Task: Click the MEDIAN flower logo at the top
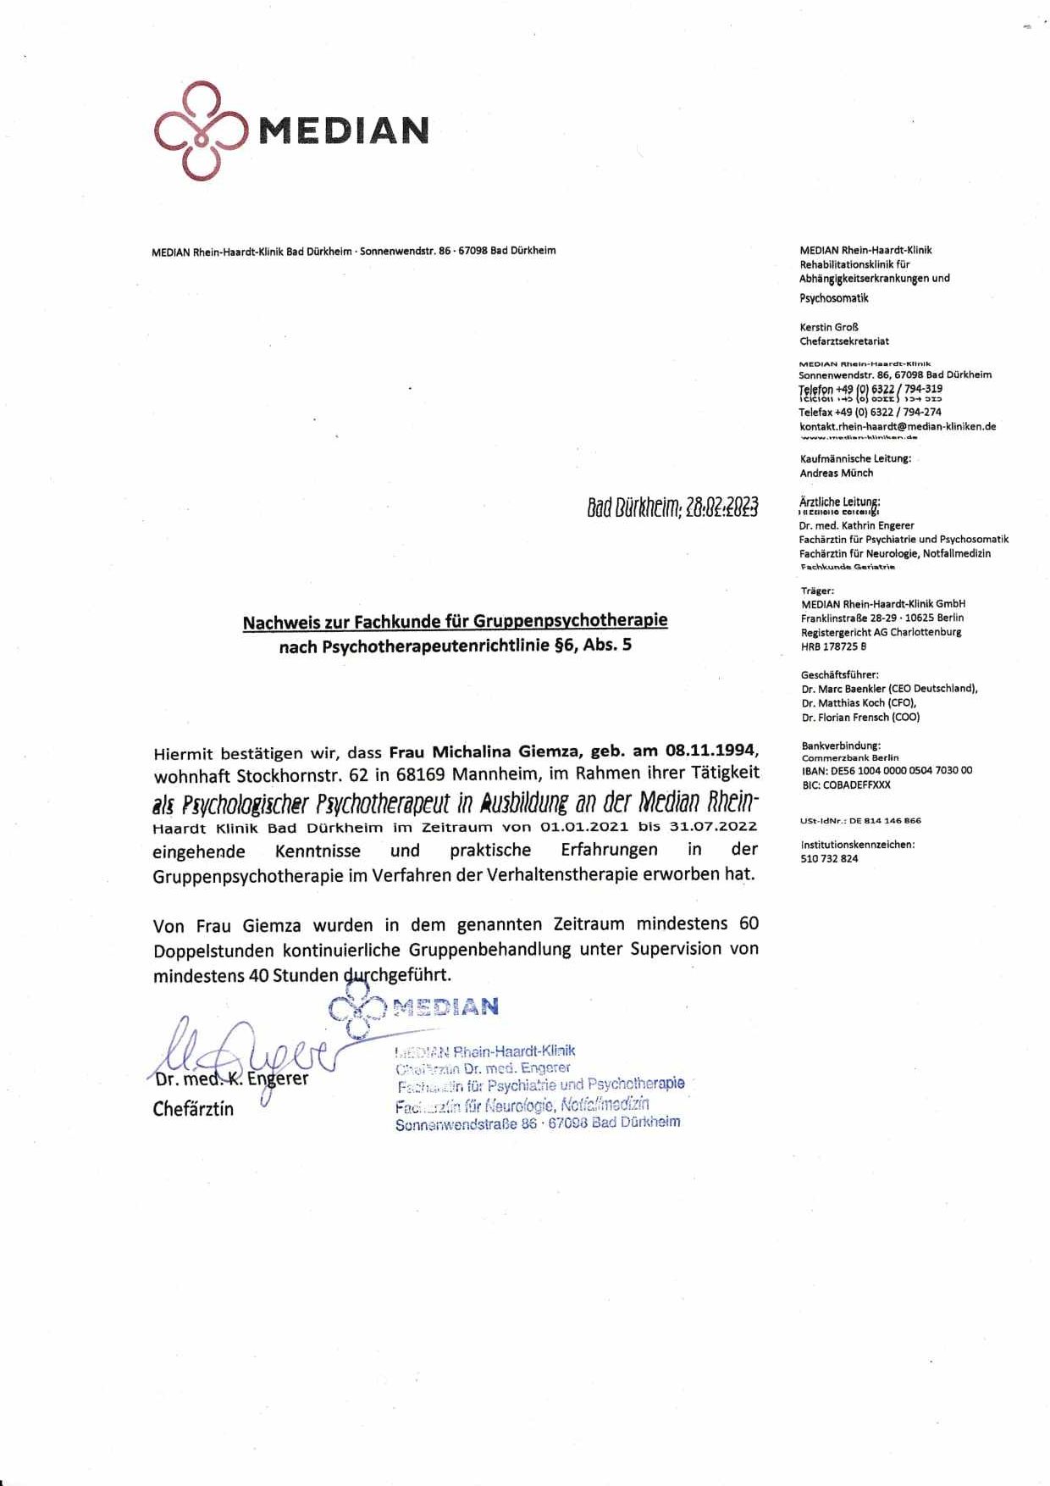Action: pyautogui.click(x=200, y=130)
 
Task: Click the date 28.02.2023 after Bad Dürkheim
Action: pyautogui.click(x=721, y=507)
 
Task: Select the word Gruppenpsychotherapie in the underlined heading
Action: pyautogui.click(x=570, y=621)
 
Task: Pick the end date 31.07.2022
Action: pyautogui.click(x=711, y=827)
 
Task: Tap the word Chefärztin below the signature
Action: pyautogui.click(x=193, y=1109)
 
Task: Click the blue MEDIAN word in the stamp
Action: pyautogui.click(x=445, y=1006)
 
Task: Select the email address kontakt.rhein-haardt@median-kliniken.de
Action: pyautogui.click(x=898, y=427)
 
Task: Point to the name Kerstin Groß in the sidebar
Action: pyautogui.click(x=829, y=327)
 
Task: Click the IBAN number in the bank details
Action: pyautogui.click(x=887, y=771)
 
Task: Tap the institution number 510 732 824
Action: pyautogui.click(x=829, y=859)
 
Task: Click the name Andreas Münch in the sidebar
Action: pyautogui.click(x=837, y=474)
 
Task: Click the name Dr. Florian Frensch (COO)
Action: pyautogui.click(x=860, y=718)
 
